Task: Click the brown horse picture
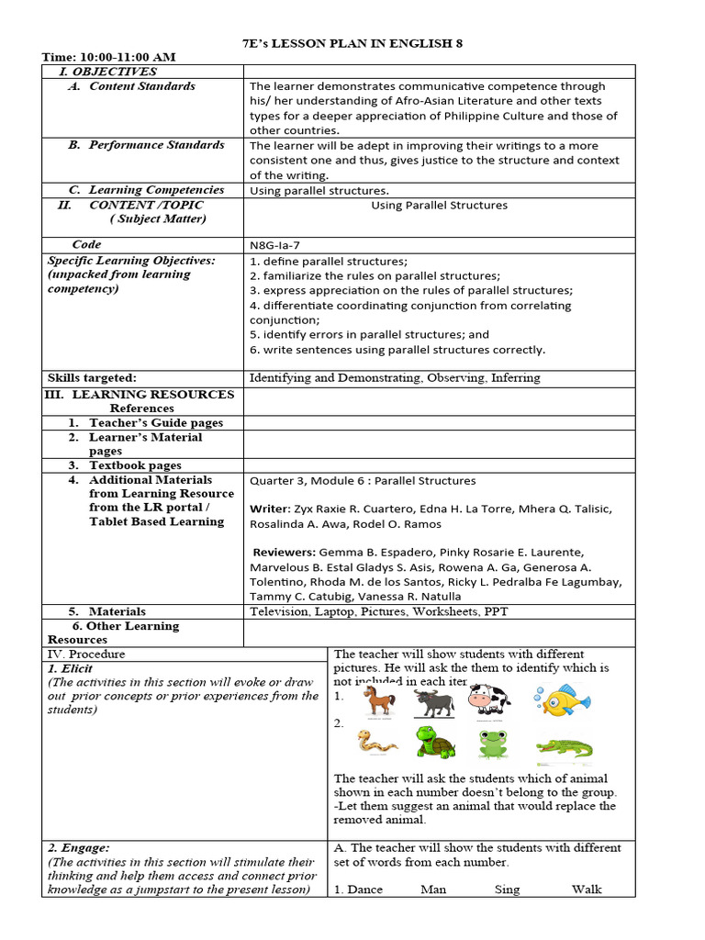[x=378, y=701]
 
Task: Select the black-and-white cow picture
[x=488, y=699]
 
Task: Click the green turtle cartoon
[x=435, y=742]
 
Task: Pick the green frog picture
[x=493, y=743]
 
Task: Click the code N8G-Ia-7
[x=280, y=245]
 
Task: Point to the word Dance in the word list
[x=364, y=889]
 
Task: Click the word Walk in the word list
[x=587, y=889]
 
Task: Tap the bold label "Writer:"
[x=270, y=509]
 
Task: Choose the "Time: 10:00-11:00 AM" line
[x=108, y=57]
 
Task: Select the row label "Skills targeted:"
[x=92, y=377]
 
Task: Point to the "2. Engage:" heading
[x=78, y=847]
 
